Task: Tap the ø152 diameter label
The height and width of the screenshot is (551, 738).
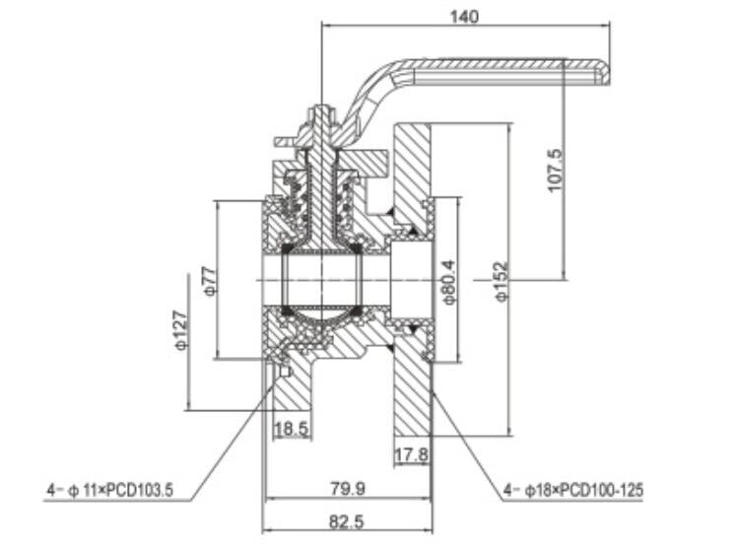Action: (502, 281)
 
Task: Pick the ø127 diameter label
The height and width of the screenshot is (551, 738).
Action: (179, 330)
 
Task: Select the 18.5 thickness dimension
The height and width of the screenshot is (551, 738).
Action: (291, 429)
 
